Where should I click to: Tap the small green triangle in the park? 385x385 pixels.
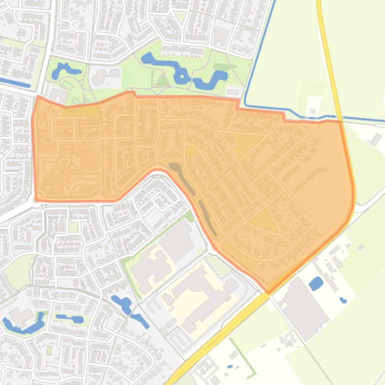[x=161, y=81]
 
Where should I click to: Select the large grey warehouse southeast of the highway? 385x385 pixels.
[x=304, y=307]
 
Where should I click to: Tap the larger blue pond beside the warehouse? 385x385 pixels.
[x=316, y=284]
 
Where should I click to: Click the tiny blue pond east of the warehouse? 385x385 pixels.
[x=343, y=300]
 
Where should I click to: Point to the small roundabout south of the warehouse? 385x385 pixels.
[x=289, y=338]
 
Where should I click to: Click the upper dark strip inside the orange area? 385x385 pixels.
[x=181, y=177]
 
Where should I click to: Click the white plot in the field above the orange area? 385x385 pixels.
[x=313, y=105]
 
